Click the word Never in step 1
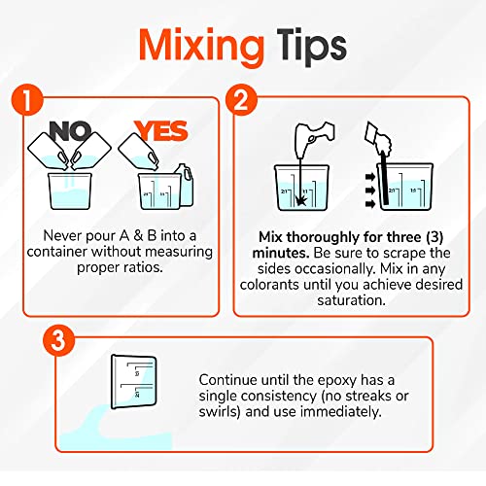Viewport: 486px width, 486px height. pyautogui.click(x=63, y=234)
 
